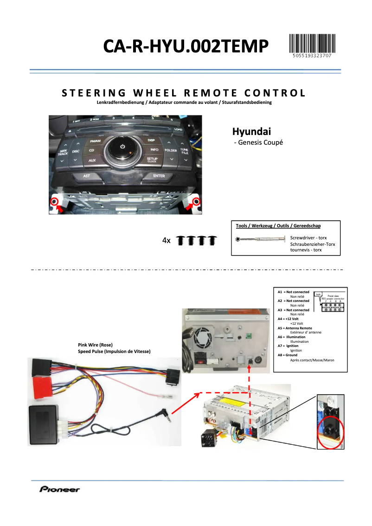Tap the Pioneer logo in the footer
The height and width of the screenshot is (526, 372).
59,489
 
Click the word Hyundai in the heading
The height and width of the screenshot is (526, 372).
251,131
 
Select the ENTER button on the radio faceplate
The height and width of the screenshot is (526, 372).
159,176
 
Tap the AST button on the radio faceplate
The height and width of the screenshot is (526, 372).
87,176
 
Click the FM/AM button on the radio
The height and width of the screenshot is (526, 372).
95,141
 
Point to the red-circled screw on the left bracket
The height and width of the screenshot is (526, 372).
54,201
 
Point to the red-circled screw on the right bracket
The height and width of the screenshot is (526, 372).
196,201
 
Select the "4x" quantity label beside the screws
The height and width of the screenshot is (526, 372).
167,241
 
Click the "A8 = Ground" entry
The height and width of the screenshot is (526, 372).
288,355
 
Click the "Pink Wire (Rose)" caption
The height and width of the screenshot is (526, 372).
95,345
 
